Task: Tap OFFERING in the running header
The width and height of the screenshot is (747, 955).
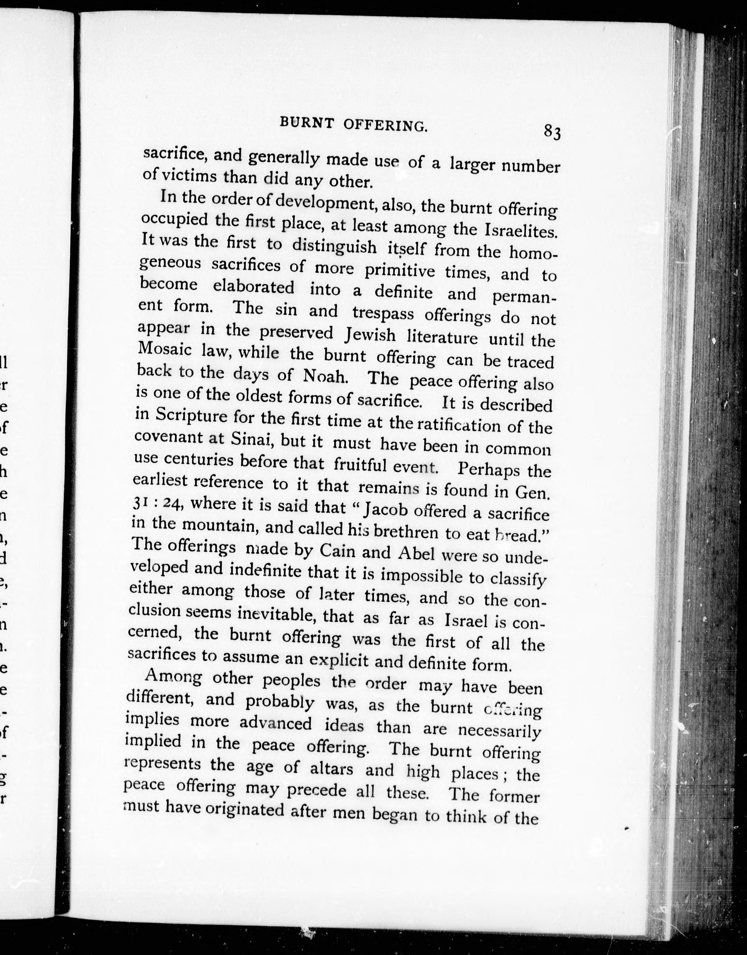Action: pos(385,126)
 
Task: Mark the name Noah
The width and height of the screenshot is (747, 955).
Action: pos(324,376)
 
